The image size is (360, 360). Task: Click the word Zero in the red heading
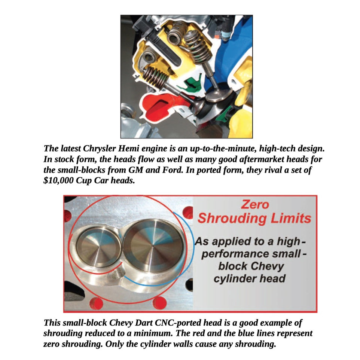coord(254,205)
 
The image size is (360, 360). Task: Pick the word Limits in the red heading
coord(289,218)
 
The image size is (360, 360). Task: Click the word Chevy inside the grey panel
coord(267,266)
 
